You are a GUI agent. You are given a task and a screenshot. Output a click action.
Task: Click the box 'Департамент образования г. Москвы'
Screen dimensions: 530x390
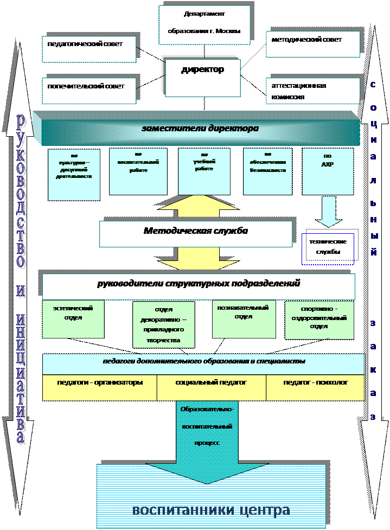tap(205, 24)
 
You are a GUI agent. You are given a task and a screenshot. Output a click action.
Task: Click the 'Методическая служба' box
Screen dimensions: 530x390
tap(195, 232)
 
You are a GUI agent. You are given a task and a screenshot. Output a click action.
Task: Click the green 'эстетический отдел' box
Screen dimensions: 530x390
tap(73, 319)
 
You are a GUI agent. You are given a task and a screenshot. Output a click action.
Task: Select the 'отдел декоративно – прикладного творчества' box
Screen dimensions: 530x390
tap(163, 324)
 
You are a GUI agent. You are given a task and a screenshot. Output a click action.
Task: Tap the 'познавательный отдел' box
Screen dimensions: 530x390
tap(244, 318)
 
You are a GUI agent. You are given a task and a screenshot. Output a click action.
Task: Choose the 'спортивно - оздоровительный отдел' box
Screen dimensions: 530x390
tap(319, 320)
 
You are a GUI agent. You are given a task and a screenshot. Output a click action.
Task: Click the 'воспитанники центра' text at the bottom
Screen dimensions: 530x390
tap(211, 510)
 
